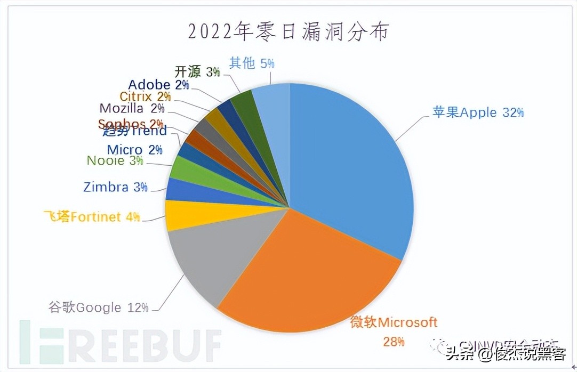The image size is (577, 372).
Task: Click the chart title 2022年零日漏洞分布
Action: pos(288,32)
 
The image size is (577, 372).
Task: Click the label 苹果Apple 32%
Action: pos(478,112)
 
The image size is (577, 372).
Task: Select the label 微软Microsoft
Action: pos(394,322)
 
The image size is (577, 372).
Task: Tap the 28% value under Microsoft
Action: pos(394,341)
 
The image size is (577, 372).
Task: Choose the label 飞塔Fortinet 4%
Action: pos(92,216)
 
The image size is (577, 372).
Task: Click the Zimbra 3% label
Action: pos(115,187)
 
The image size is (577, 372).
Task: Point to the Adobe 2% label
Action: pos(158,85)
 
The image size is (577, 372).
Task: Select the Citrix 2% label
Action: pos(145,97)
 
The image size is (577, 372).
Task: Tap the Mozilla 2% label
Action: pos(131,109)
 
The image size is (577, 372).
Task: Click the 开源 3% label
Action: pos(197,71)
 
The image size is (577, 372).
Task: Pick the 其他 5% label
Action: pos(251,63)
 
